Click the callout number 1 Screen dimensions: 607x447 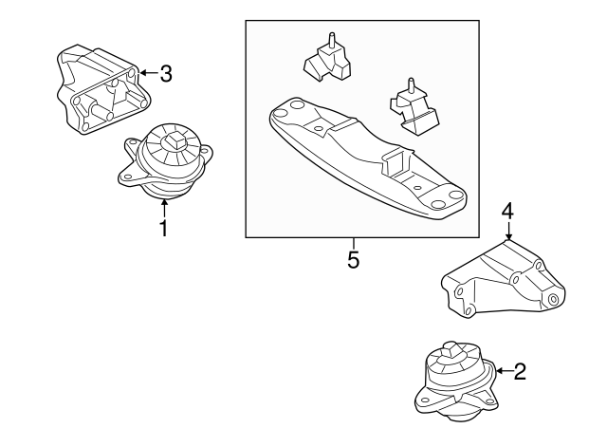coord(164,228)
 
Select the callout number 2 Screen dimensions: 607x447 coord(520,371)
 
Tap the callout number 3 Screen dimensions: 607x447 coord(166,73)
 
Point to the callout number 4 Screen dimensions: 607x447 coord(508,212)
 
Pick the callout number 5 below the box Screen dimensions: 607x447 coord(354,259)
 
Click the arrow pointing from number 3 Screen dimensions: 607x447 coord(147,72)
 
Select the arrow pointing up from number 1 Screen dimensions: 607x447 coord(164,208)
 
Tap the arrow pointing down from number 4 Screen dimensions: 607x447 coord(508,232)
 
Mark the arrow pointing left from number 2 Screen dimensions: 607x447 coord(504,371)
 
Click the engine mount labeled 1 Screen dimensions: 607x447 coord(165,161)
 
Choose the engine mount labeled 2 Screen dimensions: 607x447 coord(456,382)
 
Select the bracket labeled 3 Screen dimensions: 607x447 coord(102,90)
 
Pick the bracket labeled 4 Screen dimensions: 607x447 coord(504,281)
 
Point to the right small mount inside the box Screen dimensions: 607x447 coord(414,108)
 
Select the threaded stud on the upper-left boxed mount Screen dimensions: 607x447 coord(332,39)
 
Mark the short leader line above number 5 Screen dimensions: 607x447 coord(354,244)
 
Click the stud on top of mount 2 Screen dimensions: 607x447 coord(453,350)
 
